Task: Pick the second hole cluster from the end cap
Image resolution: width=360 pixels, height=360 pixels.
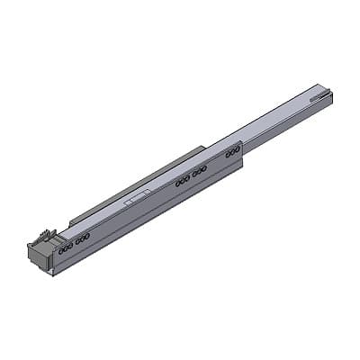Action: point(83,238)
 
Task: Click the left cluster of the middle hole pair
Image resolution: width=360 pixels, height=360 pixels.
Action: point(183,181)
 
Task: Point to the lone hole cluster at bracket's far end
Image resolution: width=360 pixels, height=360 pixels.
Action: point(233,153)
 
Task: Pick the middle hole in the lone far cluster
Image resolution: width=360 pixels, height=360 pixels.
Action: point(233,153)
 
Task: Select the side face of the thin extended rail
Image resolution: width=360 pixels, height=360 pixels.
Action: point(288,124)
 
